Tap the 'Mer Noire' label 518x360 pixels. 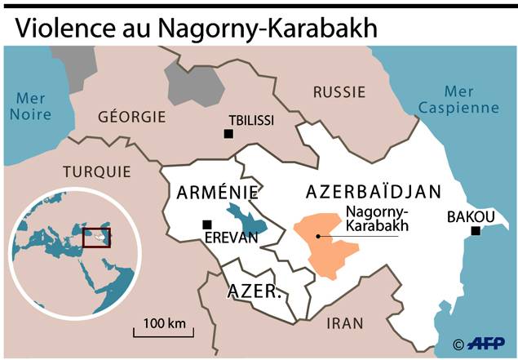30,106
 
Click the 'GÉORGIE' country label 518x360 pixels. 131,117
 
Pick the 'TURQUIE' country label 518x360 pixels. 95,171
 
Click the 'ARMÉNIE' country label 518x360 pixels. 217,193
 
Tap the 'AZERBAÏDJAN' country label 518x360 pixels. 373,192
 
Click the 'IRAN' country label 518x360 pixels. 344,323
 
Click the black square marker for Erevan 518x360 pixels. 208,224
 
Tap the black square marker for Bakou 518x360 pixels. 476,232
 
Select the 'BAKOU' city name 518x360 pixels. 471,216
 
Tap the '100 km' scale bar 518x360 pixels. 164,331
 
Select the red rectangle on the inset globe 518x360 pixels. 97,237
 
